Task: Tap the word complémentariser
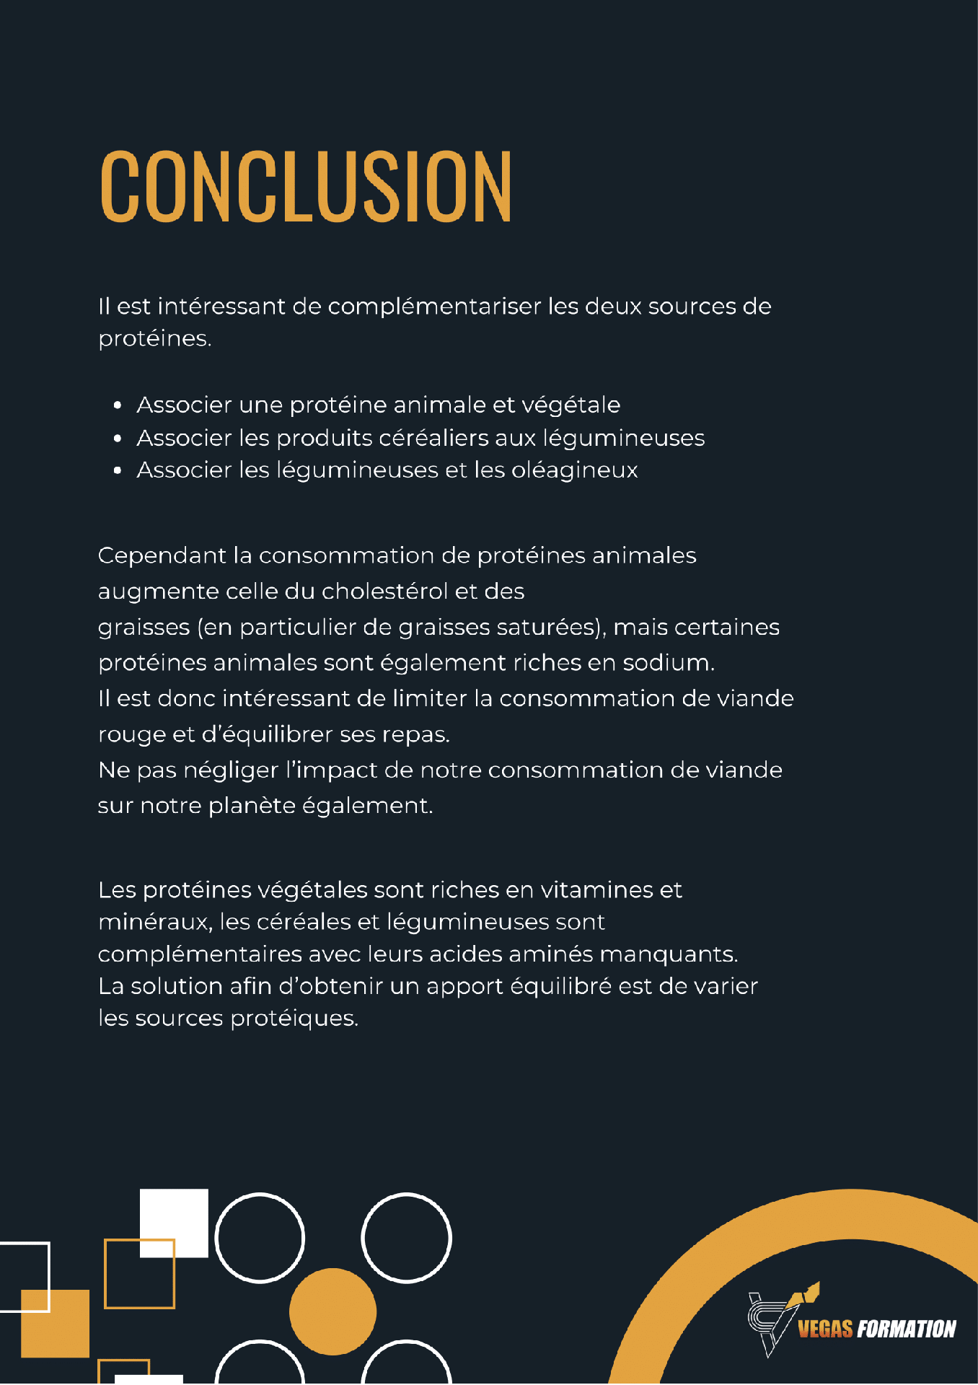coord(434,307)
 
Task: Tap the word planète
coord(252,806)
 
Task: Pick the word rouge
coord(132,735)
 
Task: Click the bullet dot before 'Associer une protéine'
coord(118,405)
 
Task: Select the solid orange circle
coord(332,1311)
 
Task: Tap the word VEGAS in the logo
coord(825,1329)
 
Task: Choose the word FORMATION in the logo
coord(906,1329)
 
